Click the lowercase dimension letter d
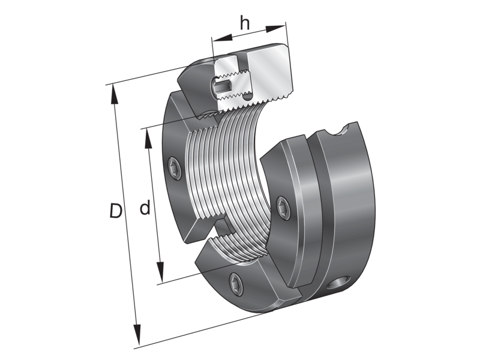[x=145, y=208]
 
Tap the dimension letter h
[x=245, y=23]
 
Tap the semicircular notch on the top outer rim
[x=345, y=131]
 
